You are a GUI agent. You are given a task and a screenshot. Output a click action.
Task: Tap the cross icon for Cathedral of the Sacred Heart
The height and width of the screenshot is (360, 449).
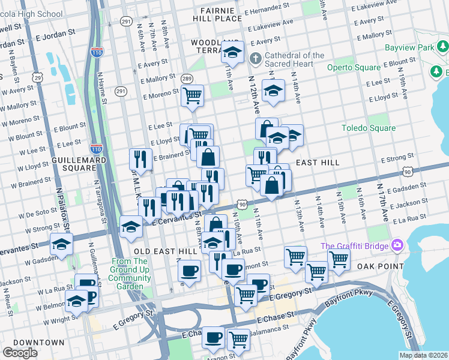255,59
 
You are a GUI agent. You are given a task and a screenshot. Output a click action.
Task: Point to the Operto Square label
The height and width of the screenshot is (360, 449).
354,67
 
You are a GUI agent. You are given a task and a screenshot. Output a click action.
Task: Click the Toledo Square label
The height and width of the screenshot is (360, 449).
369,128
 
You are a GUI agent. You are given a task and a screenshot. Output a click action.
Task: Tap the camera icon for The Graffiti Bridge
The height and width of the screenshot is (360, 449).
396,245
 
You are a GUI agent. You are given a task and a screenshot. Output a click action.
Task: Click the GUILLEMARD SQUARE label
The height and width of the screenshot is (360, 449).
79,165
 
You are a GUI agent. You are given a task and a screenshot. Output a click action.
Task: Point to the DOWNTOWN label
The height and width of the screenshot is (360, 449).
39,342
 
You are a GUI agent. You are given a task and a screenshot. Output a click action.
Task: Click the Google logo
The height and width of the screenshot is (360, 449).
20,352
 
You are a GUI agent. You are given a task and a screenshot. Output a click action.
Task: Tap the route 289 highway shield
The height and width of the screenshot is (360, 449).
187,78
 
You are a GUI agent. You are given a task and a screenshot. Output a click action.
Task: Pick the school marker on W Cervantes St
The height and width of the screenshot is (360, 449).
61,243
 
